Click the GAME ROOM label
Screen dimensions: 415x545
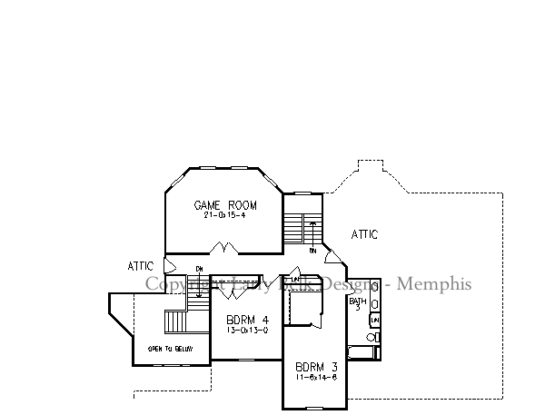click(x=222, y=205)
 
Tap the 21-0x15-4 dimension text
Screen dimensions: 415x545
click(x=222, y=215)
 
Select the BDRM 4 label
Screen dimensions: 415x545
click(x=248, y=320)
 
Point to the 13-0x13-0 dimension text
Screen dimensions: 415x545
click(x=247, y=330)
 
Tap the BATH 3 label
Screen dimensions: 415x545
click(x=358, y=303)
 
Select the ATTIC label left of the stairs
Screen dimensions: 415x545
click(x=141, y=266)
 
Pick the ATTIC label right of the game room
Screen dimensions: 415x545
click(x=364, y=235)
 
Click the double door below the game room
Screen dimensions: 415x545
click(x=223, y=247)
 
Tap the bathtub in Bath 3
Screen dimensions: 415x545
click(x=362, y=351)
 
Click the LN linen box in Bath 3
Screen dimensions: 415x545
click(x=374, y=321)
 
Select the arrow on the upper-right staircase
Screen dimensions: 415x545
click(x=312, y=227)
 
